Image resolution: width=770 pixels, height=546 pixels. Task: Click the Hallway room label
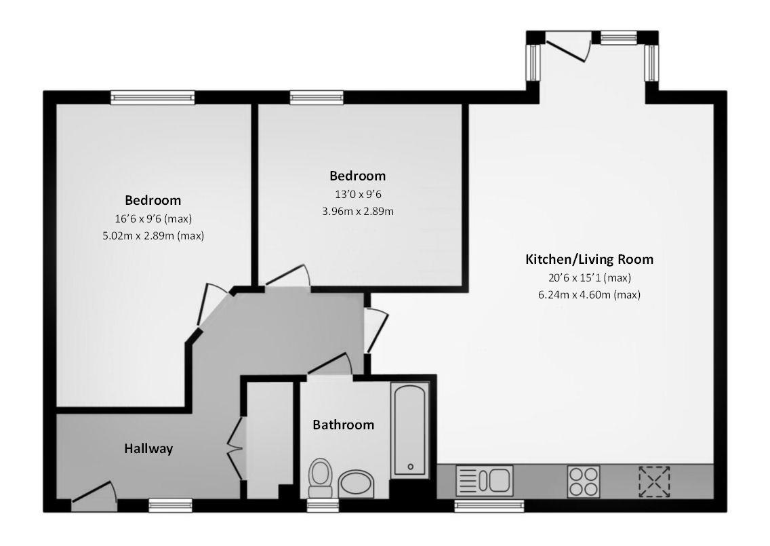(x=148, y=448)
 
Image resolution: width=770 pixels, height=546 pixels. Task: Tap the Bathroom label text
(x=343, y=425)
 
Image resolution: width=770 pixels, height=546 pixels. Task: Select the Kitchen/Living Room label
(x=589, y=259)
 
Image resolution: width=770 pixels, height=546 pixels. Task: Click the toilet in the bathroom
(x=320, y=477)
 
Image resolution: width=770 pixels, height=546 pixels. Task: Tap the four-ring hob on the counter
(x=583, y=481)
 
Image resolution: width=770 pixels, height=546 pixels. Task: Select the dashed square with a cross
(x=654, y=481)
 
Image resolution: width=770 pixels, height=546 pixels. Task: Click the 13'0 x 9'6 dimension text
(x=357, y=194)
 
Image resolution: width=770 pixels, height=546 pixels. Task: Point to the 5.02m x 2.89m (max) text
(x=153, y=236)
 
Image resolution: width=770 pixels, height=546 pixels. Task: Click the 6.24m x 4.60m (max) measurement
(x=589, y=295)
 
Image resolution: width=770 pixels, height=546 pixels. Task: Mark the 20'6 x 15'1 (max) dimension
(x=589, y=277)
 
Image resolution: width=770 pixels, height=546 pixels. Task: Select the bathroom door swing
(x=329, y=365)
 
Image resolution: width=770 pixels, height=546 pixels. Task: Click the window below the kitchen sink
(x=489, y=505)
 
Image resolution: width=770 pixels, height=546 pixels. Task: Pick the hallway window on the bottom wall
(x=170, y=505)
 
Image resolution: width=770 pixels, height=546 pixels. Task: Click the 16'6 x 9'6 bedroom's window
(x=153, y=98)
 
